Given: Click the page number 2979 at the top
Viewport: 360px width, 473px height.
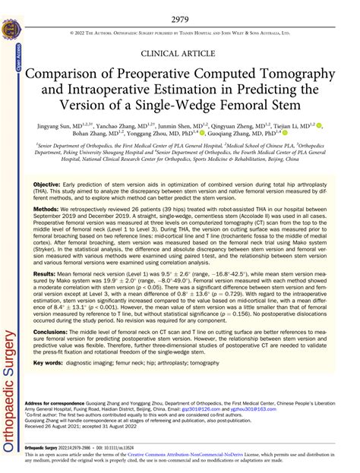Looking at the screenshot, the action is tap(181, 17).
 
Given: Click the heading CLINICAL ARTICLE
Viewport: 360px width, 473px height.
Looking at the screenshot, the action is tap(180, 55).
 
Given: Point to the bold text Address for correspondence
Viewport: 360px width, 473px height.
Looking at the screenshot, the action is tap(62, 421).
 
